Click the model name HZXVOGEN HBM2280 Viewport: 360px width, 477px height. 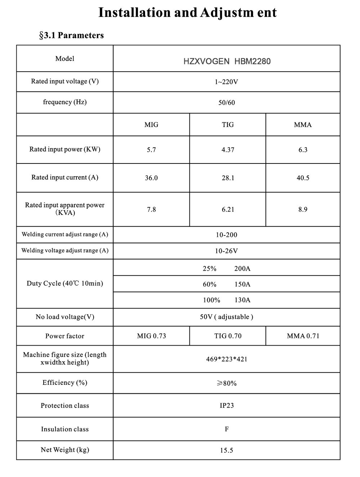click(x=227, y=61)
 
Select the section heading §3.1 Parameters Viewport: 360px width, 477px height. click(x=71, y=35)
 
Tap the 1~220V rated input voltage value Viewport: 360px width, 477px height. click(x=226, y=82)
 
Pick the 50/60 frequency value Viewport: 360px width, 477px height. click(x=226, y=103)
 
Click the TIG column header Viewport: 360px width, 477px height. click(x=228, y=125)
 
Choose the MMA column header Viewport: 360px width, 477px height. click(x=303, y=125)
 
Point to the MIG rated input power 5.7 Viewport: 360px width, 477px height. click(x=151, y=150)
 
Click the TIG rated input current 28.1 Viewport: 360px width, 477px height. click(x=228, y=178)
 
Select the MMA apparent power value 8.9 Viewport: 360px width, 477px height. click(x=303, y=210)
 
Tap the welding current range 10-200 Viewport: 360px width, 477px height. click(x=226, y=235)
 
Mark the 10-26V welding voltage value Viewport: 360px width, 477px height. click(x=226, y=251)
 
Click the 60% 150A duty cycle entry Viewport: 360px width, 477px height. click(x=226, y=284)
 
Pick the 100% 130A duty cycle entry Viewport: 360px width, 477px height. click(x=226, y=300)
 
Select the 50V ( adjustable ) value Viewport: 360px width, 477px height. click(x=226, y=317)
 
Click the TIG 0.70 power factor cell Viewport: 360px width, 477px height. click(x=228, y=336)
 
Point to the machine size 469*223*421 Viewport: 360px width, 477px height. click(x=226, y=359)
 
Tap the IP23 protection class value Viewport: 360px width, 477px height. click(x=226, y=405)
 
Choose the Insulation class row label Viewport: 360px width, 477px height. click(x=65, y=429)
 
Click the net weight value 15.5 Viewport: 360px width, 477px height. click(x=226, y=450)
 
